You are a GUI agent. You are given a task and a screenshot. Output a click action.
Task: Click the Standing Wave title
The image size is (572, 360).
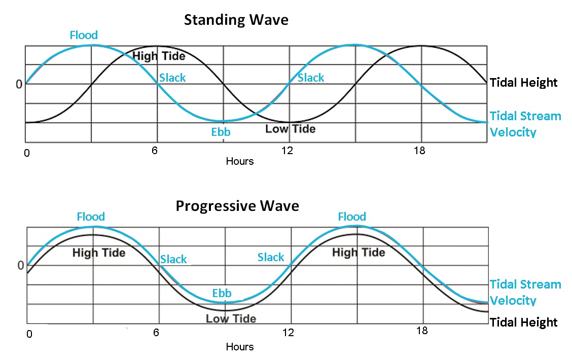pyautogui.click(x=236, y=20)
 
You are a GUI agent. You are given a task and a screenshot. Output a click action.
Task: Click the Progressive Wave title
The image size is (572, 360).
pyautogui.click(x=237, y=206)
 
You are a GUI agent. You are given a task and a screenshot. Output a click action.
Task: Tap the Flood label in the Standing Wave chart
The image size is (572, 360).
pyautogui.click(x=84, y=35)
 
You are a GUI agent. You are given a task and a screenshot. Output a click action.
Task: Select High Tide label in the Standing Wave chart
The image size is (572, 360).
pyautogui.click(x=159, y=56)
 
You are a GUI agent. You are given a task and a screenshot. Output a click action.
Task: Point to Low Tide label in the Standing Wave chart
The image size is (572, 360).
pyautogui.click(x=290, y=129)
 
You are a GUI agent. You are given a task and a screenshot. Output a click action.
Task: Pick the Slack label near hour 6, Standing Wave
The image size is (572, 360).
pyautogui.click(x=172, y=78)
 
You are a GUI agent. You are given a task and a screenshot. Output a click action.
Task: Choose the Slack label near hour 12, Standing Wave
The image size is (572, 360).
pyautogui.click(x=311, y=78)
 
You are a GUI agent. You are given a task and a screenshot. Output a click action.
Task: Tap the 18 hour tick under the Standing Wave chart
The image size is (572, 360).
pyautogui.click(x=419, y=151)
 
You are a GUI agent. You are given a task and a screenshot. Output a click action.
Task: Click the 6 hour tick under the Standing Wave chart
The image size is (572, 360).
pyautogui.click(x=154, y=151)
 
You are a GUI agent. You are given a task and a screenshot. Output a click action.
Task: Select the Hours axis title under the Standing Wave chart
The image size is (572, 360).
pyautogui.click(x=239, y=161)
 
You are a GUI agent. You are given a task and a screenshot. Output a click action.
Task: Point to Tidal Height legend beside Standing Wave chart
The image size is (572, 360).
pyautogui.click(x=524, y=83)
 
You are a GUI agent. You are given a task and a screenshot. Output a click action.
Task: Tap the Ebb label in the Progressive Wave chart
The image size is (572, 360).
pyautogui.click(x=222, y=293)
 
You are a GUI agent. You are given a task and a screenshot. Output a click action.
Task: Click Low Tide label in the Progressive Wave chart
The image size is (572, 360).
pyautogui.click(x=231, y=318)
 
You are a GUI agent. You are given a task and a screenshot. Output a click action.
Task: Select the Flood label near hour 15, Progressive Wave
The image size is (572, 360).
pyautogui.click(x=352, y=217)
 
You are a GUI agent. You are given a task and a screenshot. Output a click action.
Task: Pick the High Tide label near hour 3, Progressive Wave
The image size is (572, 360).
pyautogui.click(x=99, y=252)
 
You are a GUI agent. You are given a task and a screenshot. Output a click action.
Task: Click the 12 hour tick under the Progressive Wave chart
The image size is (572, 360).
pyautogui.click(x=288, y=333)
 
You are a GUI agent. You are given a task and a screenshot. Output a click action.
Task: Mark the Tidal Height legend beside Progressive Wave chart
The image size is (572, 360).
pyautogui.click(x=524, y=322)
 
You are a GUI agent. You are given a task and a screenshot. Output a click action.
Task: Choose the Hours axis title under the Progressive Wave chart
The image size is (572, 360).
pyautogui.click(x=239, y=347)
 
